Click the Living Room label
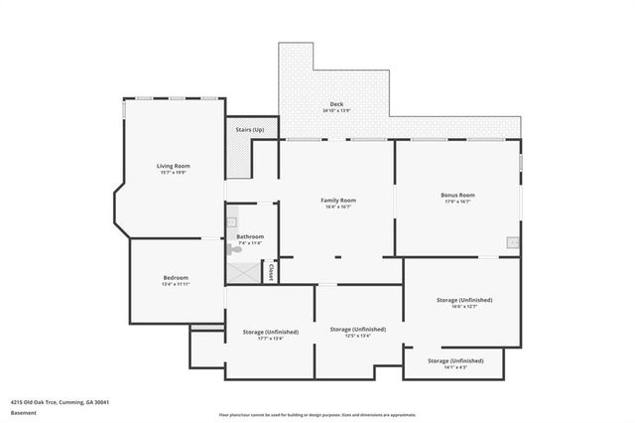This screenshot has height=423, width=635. tap(173, 165)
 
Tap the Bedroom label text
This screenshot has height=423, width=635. tap(176, 277)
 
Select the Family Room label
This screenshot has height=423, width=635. tap(338, 200)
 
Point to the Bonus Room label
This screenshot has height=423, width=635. tap(457, 195)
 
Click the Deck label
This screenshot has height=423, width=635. tap(336, 103)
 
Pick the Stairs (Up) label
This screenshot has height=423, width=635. tap(250, 130)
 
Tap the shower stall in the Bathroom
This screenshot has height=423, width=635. tap(239, 271)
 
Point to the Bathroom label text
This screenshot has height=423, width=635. tap(250, 236)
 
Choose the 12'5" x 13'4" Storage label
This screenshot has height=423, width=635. tap(358, 329)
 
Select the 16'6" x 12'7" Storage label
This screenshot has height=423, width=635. tap(464, 300)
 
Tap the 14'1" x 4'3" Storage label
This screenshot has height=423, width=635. tap(455, 360)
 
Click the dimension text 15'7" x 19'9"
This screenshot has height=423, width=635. tap(173, 173)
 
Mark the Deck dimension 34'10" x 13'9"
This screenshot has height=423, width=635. tap(336, 110)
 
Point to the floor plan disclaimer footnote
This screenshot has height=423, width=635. tap(317, 414)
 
